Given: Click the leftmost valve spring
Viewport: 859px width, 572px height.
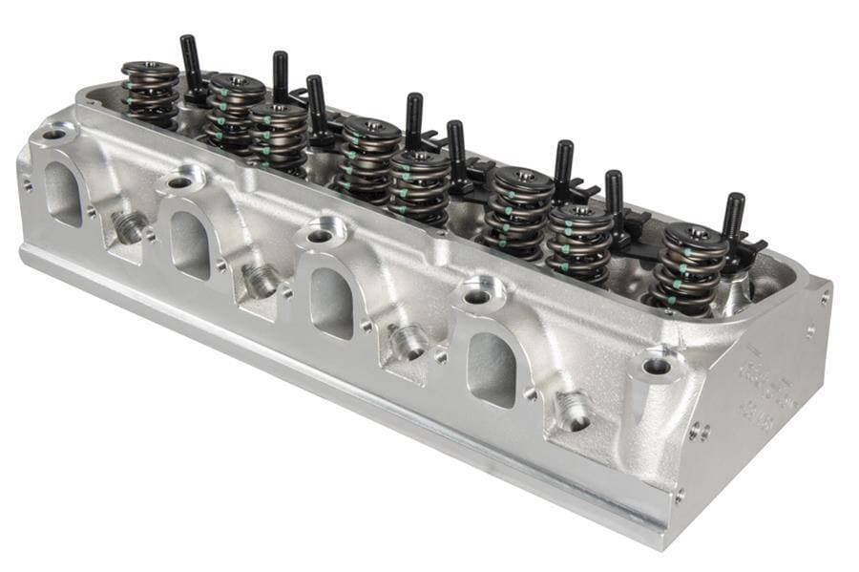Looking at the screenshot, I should pos(150,94).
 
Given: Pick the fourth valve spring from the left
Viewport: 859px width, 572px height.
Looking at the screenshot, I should pos(371,158).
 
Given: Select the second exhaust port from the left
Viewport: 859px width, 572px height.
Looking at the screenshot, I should pos(190,244).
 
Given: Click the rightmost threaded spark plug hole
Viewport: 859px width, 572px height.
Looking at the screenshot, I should pos(574,412).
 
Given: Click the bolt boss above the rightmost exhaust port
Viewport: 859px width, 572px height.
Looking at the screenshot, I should pos(476,296).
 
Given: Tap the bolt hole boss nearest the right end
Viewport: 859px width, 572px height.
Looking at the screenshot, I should pos(656,366).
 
